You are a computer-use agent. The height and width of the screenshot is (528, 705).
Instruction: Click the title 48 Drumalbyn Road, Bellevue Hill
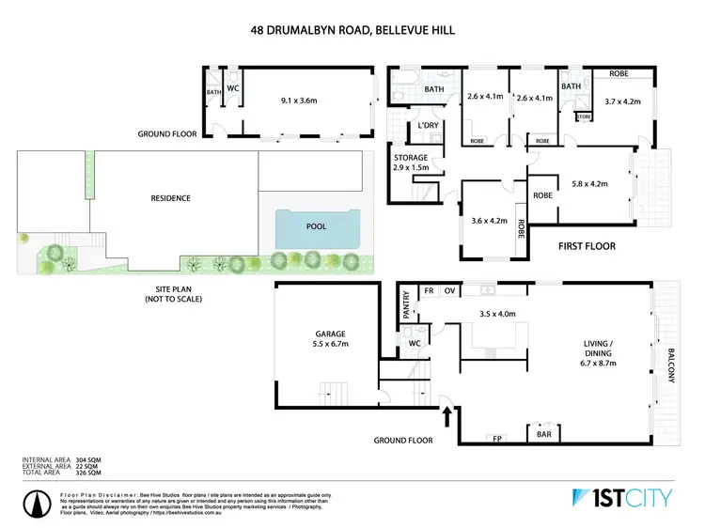pyautogui.click(x=352, y=29)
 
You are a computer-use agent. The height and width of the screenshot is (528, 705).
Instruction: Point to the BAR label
pyautogui.click(x=542, y=436)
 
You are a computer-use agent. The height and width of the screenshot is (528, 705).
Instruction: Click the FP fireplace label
pyautogui.click(x=495, y=438)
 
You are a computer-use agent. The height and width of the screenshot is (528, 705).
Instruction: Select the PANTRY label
pyautogui.click(x=407, y=309)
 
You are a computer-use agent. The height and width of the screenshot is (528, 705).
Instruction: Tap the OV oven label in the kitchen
pyautogui.click(x=449, y=291)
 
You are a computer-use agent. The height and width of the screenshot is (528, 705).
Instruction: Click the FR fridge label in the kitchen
pyautogui.click(x=429, y=291)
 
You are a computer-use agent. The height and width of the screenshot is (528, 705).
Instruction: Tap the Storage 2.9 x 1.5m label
pyautogui.click(x=412, y=163)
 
